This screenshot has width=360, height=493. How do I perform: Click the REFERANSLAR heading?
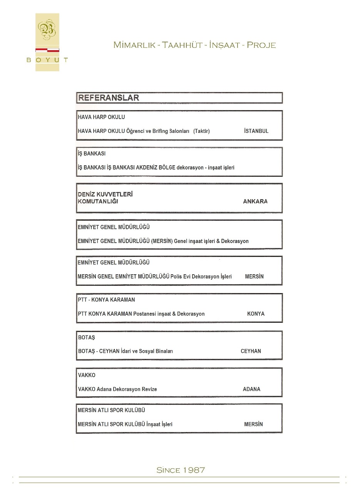point(108,98)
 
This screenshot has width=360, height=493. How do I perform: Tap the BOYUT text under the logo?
point(47,60)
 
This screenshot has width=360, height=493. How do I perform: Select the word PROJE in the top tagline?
point(261,45)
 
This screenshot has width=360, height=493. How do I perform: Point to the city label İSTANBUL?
point(256,131)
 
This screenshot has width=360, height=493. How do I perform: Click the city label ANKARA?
point(255,201)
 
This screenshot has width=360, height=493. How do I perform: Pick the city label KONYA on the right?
point(256,314)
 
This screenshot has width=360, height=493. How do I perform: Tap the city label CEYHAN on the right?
point(251,351)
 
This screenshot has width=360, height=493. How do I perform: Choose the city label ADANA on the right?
point(251,389)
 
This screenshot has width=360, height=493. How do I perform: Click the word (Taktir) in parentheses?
point(201,131)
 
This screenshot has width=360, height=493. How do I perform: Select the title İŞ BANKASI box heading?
point(92,154)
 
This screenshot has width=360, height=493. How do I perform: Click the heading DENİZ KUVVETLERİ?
point(105,195)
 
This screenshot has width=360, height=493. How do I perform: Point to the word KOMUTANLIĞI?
point(98,201)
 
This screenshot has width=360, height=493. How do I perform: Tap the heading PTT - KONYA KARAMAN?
point(106,300)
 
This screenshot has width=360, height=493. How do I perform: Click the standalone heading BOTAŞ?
point(86,337)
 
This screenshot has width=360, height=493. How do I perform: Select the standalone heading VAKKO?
point(87,375)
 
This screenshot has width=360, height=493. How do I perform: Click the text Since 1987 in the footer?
point(181,470)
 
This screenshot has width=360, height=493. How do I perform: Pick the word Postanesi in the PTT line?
point(144,314)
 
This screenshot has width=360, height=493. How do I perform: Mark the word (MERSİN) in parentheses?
point(162,241)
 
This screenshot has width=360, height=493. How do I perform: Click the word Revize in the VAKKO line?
point(149,389)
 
